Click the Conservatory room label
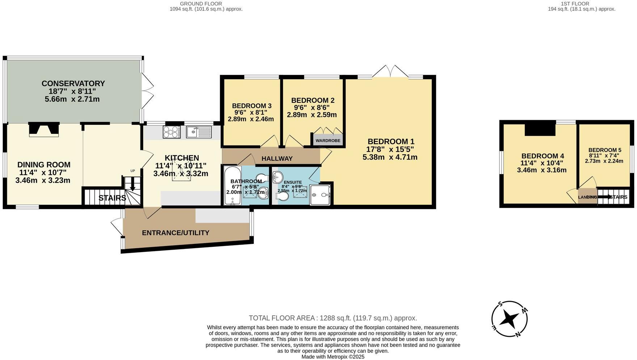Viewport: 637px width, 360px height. point(73,84)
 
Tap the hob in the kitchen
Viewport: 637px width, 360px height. point(172,132)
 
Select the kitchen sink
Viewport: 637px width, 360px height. point(199,132)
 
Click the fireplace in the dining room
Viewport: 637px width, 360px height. point(44,129)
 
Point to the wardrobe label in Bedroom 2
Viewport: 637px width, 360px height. point(328,140)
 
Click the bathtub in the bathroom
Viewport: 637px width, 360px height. point(230,186)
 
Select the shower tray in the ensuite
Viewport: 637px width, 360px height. point(320,195)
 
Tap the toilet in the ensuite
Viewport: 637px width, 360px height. point(282,196)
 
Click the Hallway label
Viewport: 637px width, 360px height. point(277,158)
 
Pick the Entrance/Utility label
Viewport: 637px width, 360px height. point(176,233)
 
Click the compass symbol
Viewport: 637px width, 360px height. point(509,319)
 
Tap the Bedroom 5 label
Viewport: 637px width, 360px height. point(604,150)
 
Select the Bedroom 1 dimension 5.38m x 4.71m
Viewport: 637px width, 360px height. point(390,157)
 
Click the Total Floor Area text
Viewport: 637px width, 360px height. point(333,318)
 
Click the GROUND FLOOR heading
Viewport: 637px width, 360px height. point(206,4)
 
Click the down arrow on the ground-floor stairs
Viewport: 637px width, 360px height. point(132,185)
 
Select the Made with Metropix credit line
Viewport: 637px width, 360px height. point(333,356)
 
